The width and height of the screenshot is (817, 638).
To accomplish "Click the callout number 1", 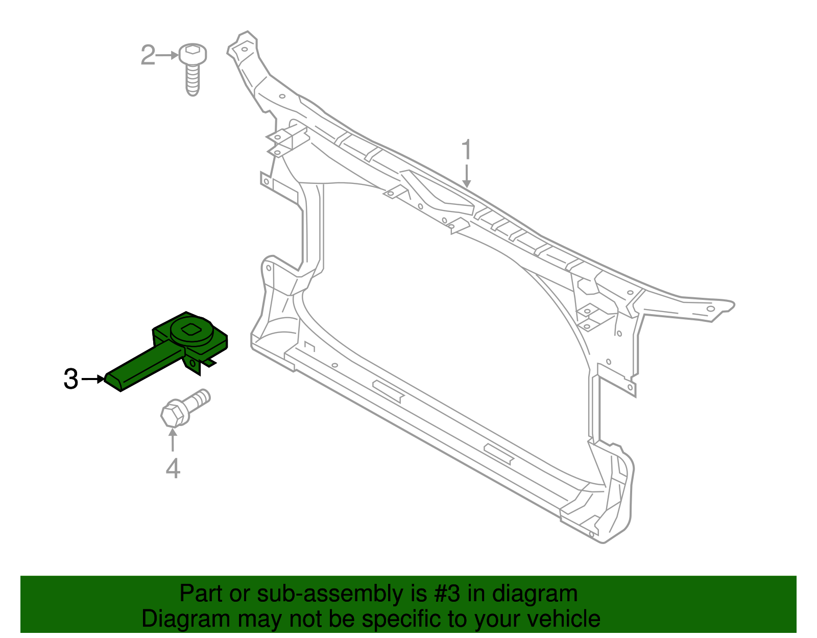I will coord(466,150).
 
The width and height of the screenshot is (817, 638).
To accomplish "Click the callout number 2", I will coord(148,55).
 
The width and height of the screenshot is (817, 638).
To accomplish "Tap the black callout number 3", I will coord(71,379).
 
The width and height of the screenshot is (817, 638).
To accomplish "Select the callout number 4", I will coord(173,468).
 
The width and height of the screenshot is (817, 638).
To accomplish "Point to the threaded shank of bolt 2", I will coord(193,81).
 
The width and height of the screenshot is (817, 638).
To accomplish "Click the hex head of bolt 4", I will coord(173,414).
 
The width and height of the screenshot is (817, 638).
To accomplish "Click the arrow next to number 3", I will coord(93,379).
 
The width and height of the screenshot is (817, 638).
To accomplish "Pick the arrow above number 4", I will coord(173,439).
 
